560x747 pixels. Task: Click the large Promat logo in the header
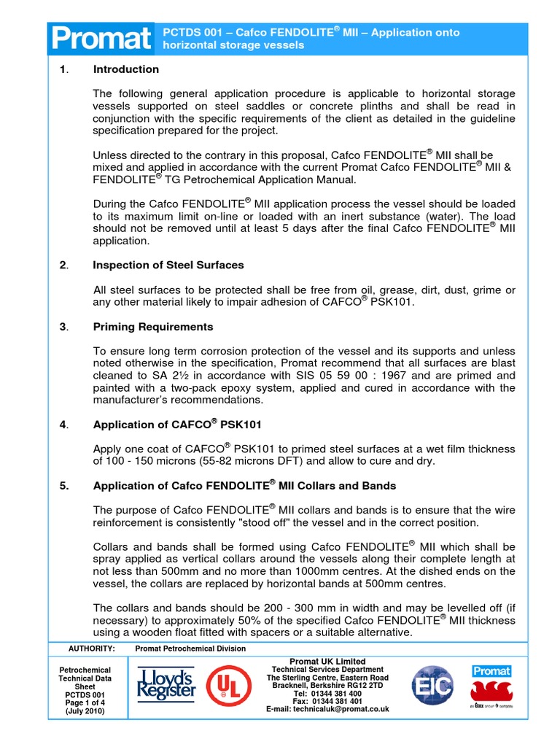(x=101, y=39)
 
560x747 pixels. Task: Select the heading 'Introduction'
(x=125, y=69)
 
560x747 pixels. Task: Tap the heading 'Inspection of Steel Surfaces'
(x=168, y=264)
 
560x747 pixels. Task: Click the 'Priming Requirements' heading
(x=153, y=326)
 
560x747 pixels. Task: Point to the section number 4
(x=63, y=424)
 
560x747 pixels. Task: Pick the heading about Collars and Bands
(x=244, y=485)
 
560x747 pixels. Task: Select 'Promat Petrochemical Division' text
(x=190, y=649)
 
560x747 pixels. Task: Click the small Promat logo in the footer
(x=491, y=671)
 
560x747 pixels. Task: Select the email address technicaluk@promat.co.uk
(x=328, y=709)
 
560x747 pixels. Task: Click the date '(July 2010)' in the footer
(x=85, y=711)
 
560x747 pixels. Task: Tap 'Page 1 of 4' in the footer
(x=85, y=703)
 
